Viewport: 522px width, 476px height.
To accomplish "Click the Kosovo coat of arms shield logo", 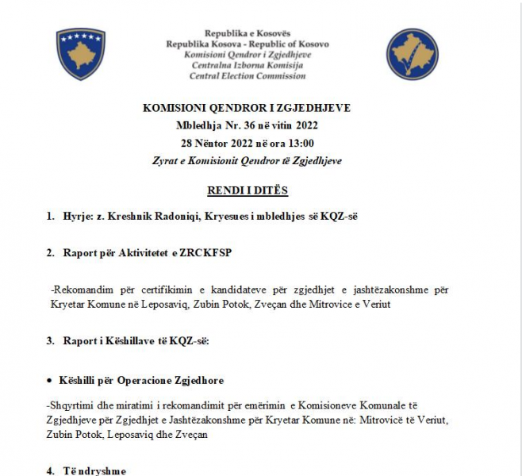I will click(81, 54).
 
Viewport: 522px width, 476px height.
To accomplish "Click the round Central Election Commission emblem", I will click(412, 54).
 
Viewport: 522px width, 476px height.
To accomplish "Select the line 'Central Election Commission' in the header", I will click(247, 76).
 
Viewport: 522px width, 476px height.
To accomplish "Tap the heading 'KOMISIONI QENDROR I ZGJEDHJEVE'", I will click(247, 108).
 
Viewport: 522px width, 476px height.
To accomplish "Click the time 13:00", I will click(300, 143).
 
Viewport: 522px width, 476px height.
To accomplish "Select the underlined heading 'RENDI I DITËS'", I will click(247, 190).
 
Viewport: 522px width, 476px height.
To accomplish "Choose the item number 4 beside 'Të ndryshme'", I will click(50, 471).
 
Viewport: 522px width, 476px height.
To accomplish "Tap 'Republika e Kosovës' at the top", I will click(247, 33).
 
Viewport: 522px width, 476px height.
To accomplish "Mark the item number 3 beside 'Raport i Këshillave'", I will click(50, 341).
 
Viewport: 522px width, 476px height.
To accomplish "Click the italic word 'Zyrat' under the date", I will click(165, 160).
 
